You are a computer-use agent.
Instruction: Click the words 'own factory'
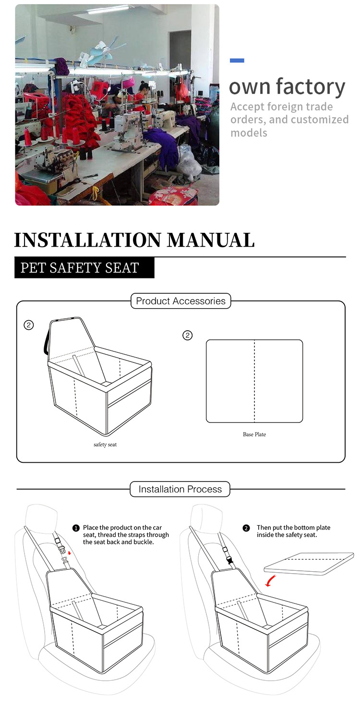(x=287, y=87)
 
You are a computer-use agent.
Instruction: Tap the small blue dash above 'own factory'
(x=237, y=60)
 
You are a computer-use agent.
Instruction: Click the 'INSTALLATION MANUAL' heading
(x=134, y=240)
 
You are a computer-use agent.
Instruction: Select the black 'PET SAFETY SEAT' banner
(x=84, y=267)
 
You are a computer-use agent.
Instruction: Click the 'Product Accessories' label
(x=180, y=301)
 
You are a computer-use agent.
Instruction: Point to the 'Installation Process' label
(x=180, y=489)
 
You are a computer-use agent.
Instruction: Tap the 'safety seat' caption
(x=105, y=445)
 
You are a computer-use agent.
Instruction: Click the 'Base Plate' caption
(x=254, y=434)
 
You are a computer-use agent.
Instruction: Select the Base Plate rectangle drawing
(x=254, y=381)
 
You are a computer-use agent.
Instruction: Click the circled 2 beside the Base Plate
(x=188, y=336)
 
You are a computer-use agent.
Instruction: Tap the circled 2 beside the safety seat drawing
(x=29, y=325)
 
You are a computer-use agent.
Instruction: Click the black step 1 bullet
(x=76, y=528)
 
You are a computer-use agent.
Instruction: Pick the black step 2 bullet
(x=246, y=528)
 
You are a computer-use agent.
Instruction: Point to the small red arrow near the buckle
(x=70, y=553)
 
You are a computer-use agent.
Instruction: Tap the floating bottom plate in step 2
(x=310, y=562)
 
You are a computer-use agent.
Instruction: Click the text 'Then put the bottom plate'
(x=293, y=528)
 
